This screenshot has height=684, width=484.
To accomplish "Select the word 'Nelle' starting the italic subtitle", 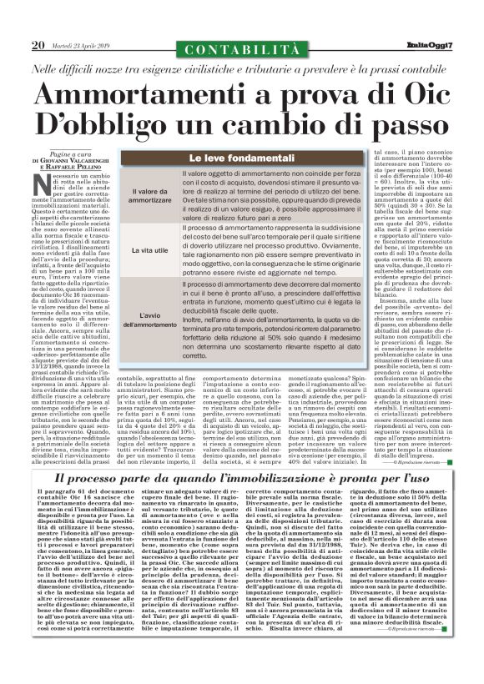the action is point(51,67).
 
